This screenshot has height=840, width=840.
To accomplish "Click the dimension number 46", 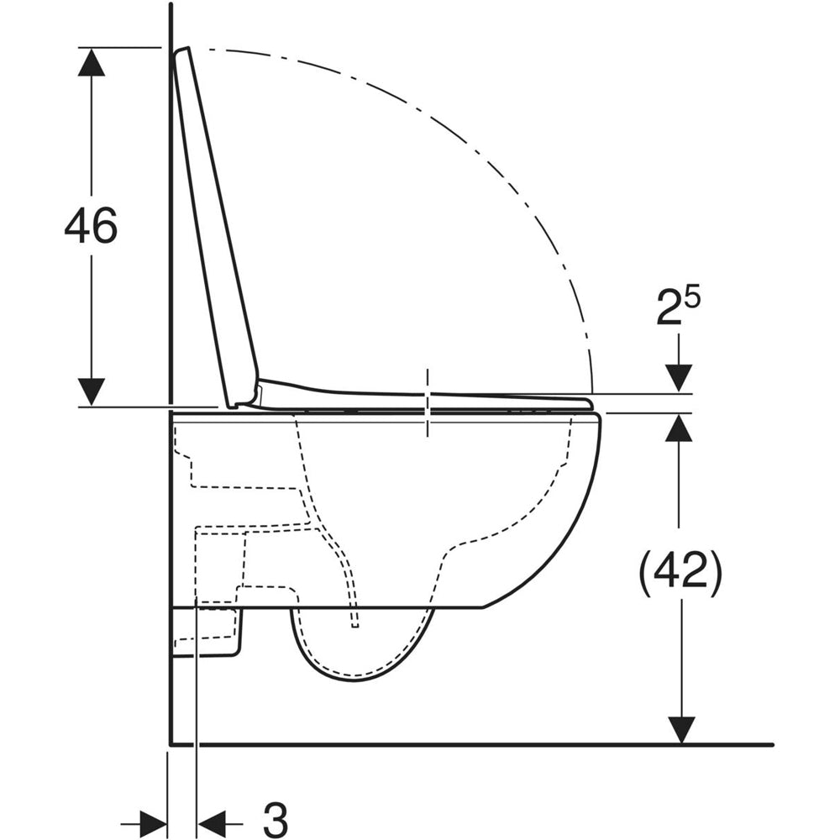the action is [91, 225].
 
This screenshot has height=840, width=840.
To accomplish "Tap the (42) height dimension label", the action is [680, 573].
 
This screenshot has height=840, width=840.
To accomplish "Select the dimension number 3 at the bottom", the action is [276, 819].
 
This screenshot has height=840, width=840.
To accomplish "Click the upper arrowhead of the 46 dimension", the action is [91, 61].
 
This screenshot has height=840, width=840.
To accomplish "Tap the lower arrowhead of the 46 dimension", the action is [91, 391].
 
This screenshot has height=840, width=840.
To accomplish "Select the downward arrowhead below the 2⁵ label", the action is [679, 378].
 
